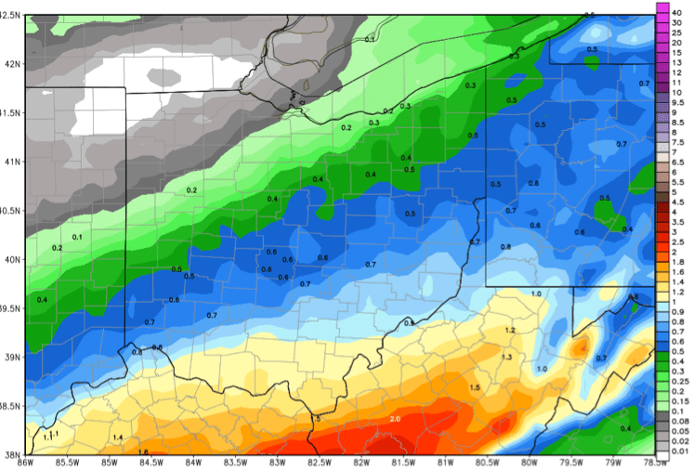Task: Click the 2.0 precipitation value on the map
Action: [395, 420]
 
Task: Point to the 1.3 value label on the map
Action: [506, 358]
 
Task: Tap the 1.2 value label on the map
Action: [509, 331]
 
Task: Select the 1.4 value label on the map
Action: [118, 437]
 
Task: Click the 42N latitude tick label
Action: [11, 64]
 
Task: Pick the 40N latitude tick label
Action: [11, 259]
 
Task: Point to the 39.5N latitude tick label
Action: [11, 308]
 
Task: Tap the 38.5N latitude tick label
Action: [11, 406]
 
